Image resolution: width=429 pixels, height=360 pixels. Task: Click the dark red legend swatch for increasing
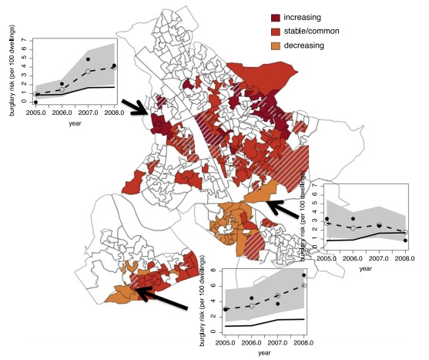[277, 16]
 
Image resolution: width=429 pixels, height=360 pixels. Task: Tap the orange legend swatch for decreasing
[277, 45]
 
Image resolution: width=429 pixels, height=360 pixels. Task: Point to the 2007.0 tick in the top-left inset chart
[88, 113]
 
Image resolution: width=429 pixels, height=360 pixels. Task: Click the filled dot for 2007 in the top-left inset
[88, 59]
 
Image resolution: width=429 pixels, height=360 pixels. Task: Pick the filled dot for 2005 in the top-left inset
[35, 102]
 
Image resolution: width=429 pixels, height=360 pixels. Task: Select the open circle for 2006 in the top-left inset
[62, 89]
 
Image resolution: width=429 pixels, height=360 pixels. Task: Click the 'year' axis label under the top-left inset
[74, 123]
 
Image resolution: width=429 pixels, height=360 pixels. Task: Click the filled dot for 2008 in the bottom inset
[303, 275]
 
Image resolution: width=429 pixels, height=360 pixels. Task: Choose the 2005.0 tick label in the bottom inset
[226, 341]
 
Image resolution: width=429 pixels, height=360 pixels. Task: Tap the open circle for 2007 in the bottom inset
[277, 296]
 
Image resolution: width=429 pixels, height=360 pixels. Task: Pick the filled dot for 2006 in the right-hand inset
[353, 219]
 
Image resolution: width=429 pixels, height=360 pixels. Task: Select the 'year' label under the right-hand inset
[366, 268]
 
